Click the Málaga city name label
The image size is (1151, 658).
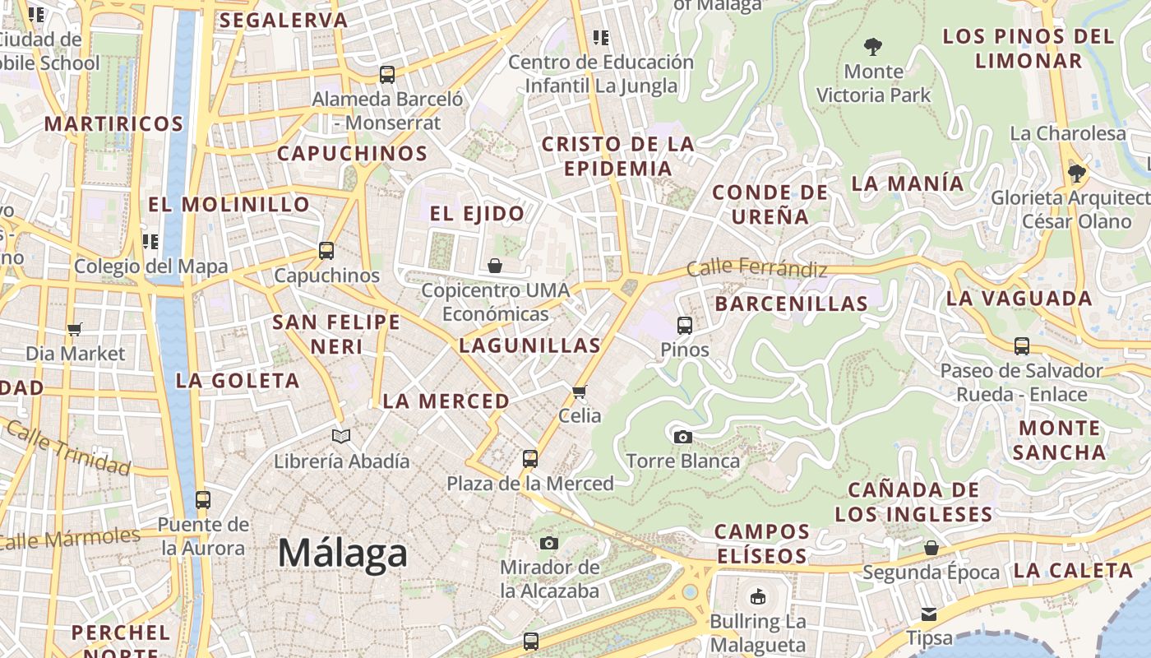342,553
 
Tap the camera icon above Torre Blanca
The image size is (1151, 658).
682,437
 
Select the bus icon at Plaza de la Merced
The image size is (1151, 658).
530,459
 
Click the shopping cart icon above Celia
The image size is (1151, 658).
580,392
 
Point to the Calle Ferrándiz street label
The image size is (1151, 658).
756,267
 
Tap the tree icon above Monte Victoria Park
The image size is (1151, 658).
873,47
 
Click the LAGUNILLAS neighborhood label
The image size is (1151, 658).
529,345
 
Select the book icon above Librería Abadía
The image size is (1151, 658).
340,436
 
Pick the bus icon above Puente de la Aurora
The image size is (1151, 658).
202,499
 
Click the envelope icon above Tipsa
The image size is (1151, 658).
929,614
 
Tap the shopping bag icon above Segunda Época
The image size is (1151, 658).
931,548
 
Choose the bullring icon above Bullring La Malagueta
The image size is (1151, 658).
757,596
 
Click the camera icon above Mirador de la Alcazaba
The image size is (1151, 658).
549,543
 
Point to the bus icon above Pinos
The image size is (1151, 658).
684,326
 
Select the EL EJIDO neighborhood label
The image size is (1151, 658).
477,214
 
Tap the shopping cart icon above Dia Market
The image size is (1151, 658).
75,329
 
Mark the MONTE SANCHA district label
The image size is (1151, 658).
1059,440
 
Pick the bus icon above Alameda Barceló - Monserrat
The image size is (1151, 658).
386,75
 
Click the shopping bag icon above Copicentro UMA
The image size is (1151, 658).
495,266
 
